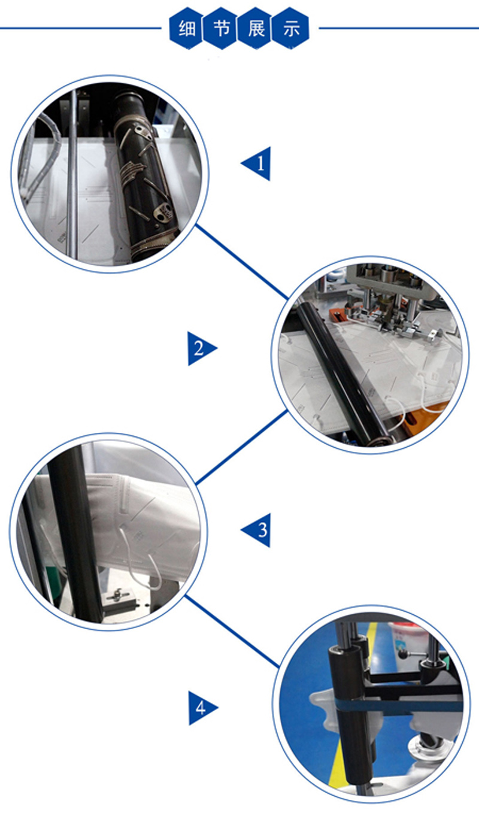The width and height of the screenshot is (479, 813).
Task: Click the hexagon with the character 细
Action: point(187,28)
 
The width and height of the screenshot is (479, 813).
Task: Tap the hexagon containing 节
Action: point(221,28)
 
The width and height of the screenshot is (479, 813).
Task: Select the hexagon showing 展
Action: point(256,28)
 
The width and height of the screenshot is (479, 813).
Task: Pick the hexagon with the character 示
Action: point(290,28)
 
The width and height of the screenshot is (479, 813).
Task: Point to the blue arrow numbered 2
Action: point(200,348)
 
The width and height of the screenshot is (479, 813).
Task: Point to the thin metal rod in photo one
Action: point(72,174)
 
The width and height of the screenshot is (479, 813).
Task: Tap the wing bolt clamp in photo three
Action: point(117,595)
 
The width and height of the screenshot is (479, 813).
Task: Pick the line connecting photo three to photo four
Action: point(232,632)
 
